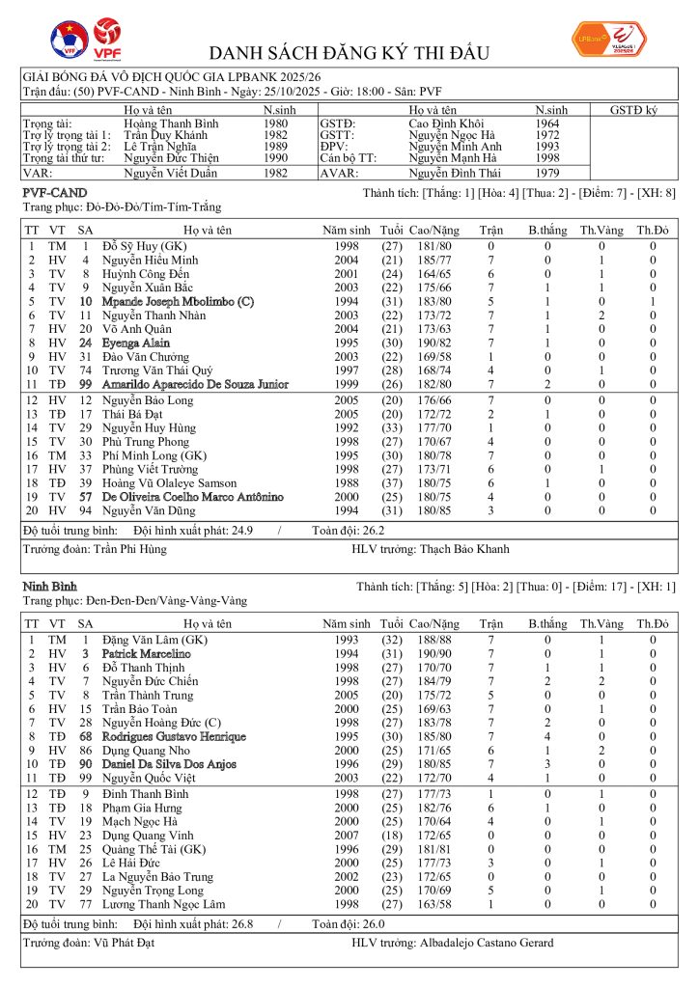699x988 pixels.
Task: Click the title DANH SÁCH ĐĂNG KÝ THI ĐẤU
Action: (349, 52)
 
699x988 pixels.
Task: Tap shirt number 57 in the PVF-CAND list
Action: (85, 496)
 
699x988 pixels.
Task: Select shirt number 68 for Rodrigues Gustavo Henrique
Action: (85, 736)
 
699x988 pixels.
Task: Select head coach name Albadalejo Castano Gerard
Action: (488, 942)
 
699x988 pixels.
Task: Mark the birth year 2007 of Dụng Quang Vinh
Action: (346, 834)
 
